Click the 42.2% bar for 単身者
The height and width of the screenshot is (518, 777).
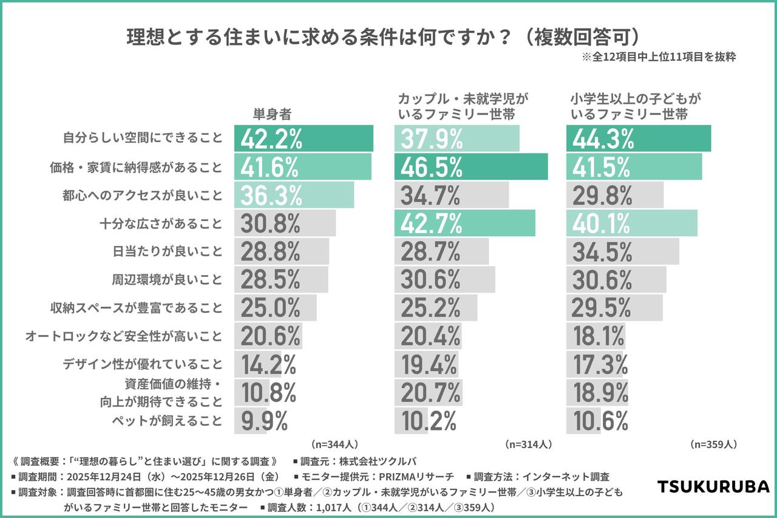(304, 139)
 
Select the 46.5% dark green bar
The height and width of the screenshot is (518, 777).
(470, 167)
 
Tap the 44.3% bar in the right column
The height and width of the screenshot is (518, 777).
(639, 139)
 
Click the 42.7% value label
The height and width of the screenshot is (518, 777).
(431, 223)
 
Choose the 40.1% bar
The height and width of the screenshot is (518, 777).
(631, 223)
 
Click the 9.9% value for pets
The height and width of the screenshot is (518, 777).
(264, 420)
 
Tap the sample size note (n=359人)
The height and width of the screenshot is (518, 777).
(713, 445)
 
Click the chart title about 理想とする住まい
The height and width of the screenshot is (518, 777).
(384, 37)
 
